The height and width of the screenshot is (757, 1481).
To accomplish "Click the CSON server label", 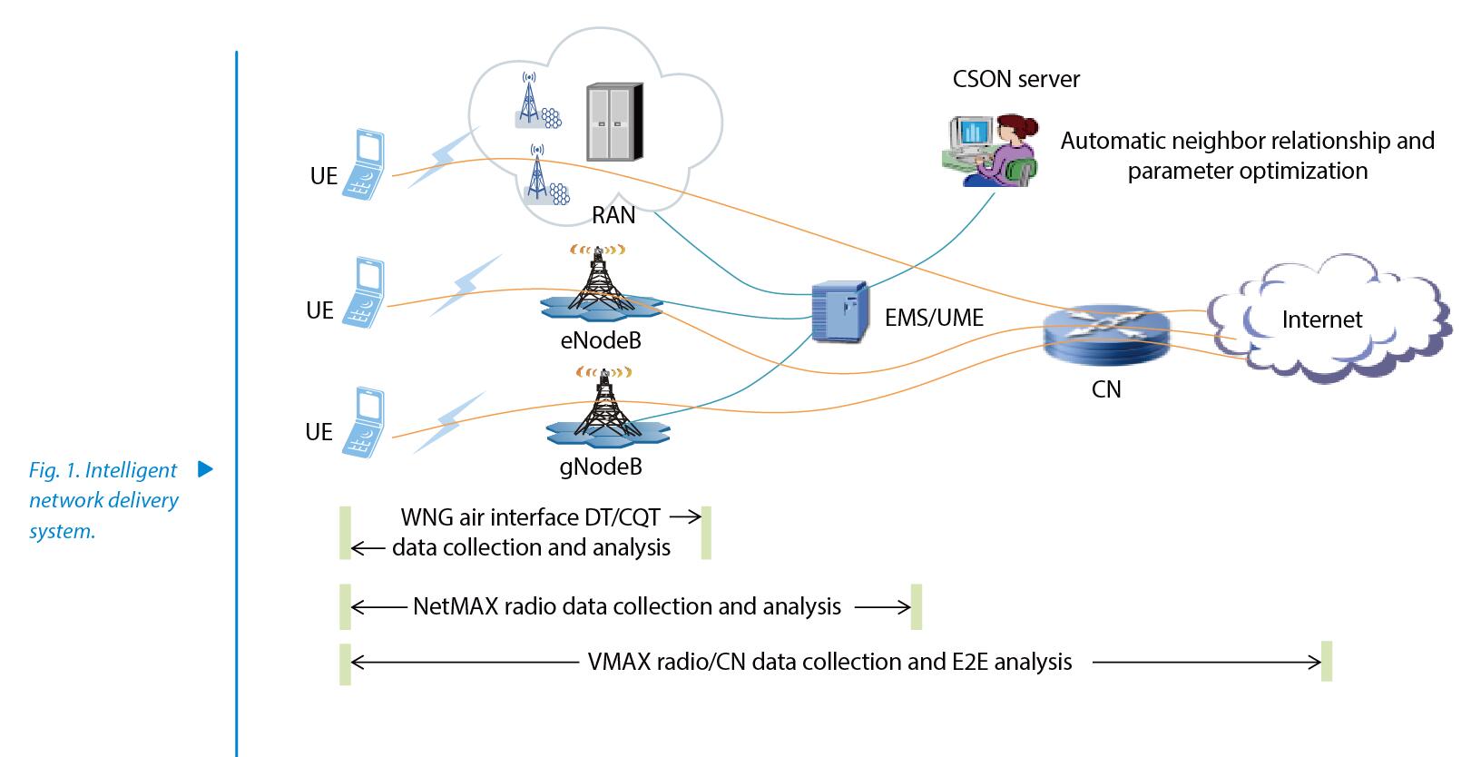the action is pyautogui.click(x=1015, y=79).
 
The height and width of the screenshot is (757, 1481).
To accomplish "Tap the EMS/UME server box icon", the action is pyautogui.click(x=839, y=311).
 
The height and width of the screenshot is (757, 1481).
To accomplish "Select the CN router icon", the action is pyautogui.click(x=1106, y=335).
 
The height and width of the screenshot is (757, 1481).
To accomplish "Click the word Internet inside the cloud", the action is pyautogui.click(x=1321, y=320).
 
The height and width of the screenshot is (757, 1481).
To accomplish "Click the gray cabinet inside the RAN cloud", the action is pyautogui.click(x=614, y=122).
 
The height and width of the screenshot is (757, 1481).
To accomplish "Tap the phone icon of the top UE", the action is pyautogui.click(x=364, y=164).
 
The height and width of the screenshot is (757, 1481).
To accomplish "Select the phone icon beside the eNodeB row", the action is pyautogui.click(x=364, y=292).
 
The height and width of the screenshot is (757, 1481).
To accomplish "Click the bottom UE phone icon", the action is pyautogui.click(x=364, y=422).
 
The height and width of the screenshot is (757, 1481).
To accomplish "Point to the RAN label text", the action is pyautogui.click(x=613, y=215).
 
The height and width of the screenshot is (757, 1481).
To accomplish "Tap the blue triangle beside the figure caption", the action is pyautogui.click(x=206, y=469).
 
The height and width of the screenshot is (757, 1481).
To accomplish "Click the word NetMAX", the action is pyautogui.click(x=455, y=607).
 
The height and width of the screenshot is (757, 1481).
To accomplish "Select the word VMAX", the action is pyautogui.click(x=619, y=662).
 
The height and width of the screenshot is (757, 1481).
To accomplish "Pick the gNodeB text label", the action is pyautogui.click(x=601, y=467).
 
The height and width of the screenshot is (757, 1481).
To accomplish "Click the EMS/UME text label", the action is pyautogui.click(x=934, y=318).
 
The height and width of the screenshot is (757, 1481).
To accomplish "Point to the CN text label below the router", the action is pyautogui.click(x=1106, y=389).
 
